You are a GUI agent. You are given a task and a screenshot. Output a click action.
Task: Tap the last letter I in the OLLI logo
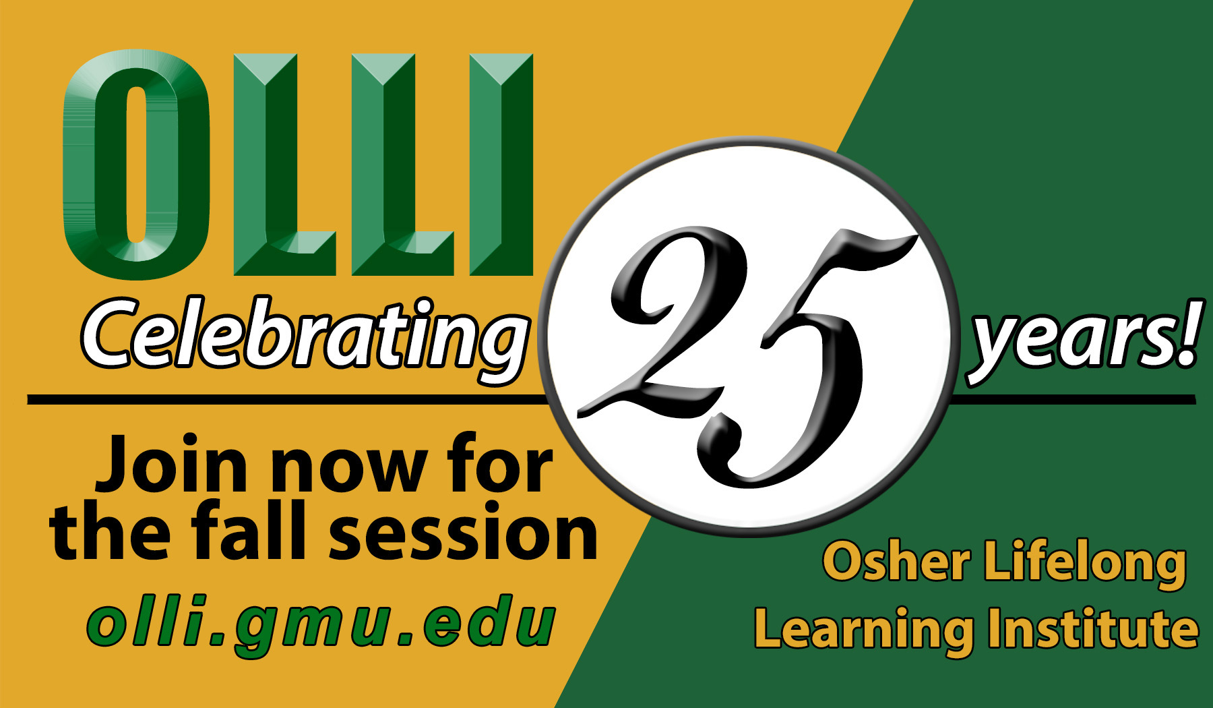501,165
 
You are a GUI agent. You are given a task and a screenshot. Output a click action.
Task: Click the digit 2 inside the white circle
664,320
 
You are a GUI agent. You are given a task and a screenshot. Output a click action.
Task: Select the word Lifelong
1085,565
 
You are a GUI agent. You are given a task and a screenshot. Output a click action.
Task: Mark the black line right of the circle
1071,400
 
